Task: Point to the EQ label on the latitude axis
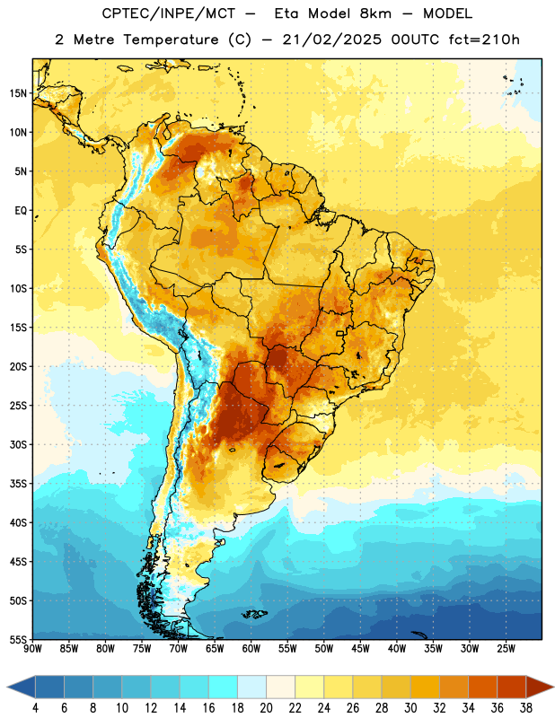tap(21, 211)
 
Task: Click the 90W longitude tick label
tap(32, 648)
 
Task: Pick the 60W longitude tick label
tap(251, 648)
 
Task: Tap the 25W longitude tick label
tap(506, 648)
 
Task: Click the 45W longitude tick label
tap(360, 648)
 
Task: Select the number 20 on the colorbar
tap(266, 708)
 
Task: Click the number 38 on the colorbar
tap(526, 708)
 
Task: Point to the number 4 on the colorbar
tap(35, 708)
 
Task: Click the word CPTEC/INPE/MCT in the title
tap(169, 13)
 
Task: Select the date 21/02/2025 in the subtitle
tap(331, 39)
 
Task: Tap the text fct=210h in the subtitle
tap(484, 39)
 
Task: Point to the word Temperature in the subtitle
tap(171, 39)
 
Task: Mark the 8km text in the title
tap(375, 13)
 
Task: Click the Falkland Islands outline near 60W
tap(254, 614)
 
